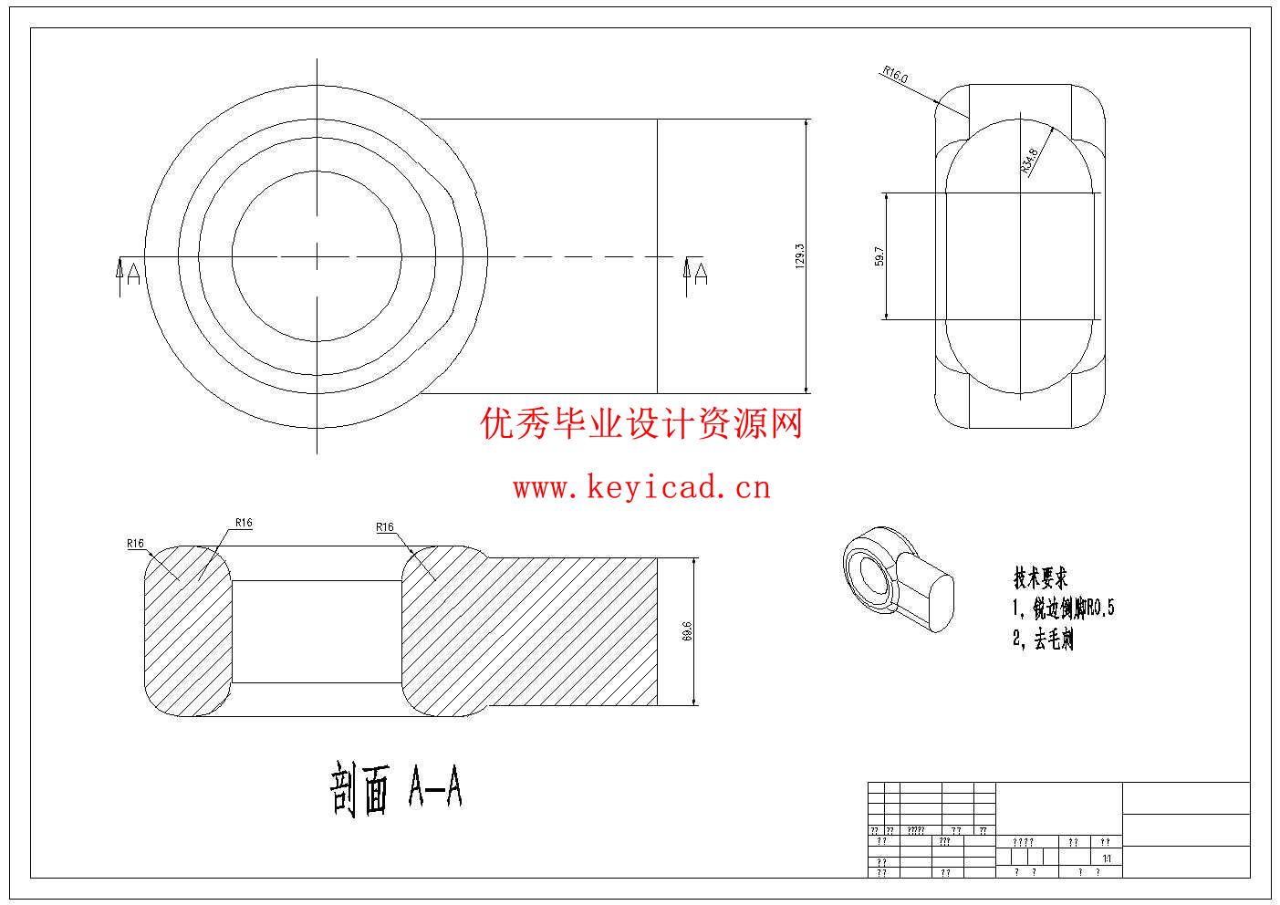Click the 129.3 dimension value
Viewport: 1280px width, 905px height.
[799, 256]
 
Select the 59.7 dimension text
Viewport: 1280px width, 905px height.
[878, 256]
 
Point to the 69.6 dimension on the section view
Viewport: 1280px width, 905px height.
[687, 631]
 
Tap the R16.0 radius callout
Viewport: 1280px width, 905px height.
[895, 75]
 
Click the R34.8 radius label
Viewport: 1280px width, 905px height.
[1029, 161]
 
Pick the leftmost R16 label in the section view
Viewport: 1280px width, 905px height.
[136, 544]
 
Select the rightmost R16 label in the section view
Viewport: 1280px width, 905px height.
[384, 527]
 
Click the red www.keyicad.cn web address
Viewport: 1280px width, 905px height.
[641, 488]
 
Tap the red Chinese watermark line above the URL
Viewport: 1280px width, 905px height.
[641, 424]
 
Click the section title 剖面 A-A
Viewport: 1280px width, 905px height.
[396, 790]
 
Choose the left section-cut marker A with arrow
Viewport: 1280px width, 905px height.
[129, 274]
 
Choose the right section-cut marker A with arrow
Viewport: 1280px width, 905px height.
[696, 273]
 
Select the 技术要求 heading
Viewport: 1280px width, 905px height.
[1040, 577]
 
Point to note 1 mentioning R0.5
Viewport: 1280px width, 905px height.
[1063, 609]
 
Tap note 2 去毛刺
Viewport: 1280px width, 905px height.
[1043, 640]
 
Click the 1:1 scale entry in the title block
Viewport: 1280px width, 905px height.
[1107, 858]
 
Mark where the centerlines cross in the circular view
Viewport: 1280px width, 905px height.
[317, 256]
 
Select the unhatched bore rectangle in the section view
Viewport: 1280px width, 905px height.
[317, 631]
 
